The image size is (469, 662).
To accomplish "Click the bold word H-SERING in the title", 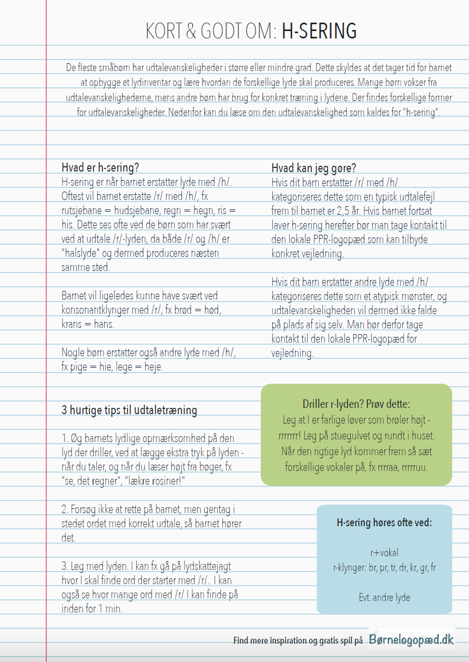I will click(x=319, y=32).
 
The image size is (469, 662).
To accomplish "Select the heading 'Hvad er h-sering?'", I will click(x=100, y=168).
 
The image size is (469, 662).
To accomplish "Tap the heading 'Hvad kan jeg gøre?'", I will click(x=313, y=168).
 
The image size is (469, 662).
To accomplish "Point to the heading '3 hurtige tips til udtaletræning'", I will click(x=129, y=410).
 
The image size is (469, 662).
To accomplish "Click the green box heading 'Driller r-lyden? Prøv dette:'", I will click(x=356, y=404).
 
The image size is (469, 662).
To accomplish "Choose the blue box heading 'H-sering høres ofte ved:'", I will click(x=384, y=523).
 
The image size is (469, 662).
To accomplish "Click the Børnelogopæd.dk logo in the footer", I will click(x=411, y=639).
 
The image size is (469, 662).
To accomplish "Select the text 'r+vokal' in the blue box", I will click(x=384, y=553).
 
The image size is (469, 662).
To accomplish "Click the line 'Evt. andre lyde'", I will click(x=384, y=597).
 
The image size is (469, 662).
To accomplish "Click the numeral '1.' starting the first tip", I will click(x=65, y=438).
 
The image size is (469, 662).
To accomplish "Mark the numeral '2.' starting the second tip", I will click(x=65, y=509).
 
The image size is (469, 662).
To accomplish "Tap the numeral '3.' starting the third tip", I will click(x=65, y=566).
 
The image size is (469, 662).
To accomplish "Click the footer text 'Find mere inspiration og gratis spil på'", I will click(x=298, y=640).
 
